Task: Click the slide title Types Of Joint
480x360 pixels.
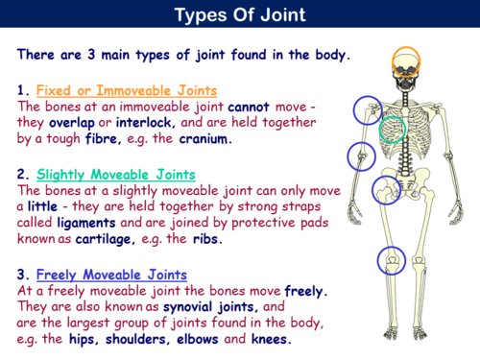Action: (x=240, y=16)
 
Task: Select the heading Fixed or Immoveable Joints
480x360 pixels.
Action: (x=125, y=91)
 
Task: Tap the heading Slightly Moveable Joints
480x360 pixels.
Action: (x=115, y=175)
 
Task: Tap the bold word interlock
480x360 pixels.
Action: (x=143, y=123)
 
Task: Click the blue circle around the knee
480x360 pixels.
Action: (x=391, y=259)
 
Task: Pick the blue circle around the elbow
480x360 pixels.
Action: (x=361, y=154)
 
